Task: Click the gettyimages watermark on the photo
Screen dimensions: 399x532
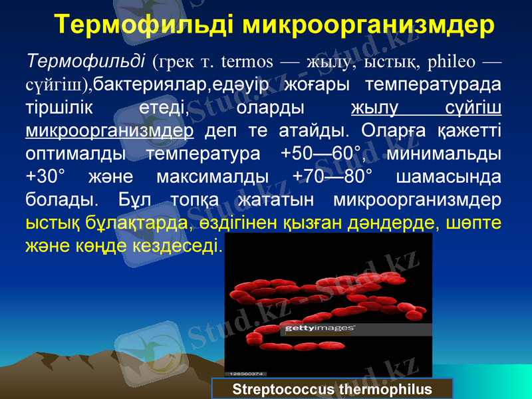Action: point(320,329)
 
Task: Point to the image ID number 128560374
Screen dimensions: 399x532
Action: point(247,373)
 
